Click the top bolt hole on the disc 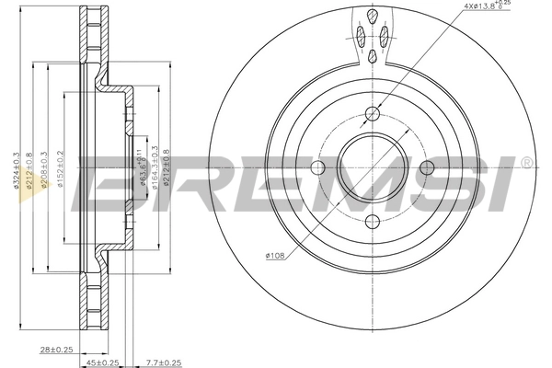tap(372, 114)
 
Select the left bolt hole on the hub tap(318, 168)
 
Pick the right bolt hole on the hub tap(426, 168)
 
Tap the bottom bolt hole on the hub tap(372, 222)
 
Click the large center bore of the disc tap(372, 168)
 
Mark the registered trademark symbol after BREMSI tap(525, 163)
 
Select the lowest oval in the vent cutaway tap(372, 57)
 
